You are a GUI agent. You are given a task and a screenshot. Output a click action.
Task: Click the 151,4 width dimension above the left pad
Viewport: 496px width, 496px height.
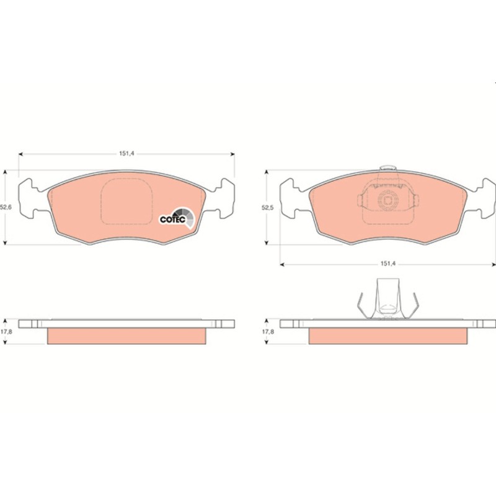(127, 153)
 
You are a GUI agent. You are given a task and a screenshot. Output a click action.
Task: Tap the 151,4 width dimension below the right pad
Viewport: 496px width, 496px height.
(388, 263)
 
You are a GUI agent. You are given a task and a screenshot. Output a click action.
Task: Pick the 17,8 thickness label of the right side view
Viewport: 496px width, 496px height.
(268, 332)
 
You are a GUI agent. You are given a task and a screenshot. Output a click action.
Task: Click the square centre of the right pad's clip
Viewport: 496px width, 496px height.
(388, 200)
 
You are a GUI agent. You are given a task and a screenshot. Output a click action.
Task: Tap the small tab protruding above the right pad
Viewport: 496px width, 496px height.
(388, 167)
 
